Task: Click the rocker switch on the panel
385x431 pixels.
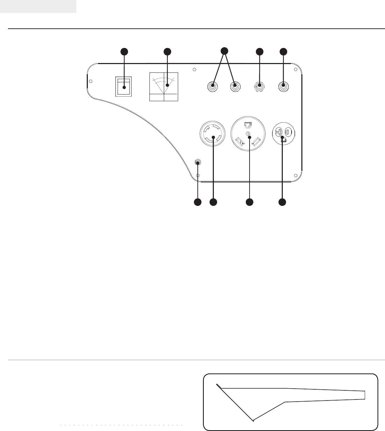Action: [x=124, y=86]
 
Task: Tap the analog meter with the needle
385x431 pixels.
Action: [x=163, y=87]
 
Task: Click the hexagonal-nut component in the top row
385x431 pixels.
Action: [x=259, y=86]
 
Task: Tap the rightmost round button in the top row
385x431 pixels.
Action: [x=283, y=86]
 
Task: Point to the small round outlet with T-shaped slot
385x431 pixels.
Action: [x=283, y=133]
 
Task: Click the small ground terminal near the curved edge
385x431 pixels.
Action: [x=198, y=163]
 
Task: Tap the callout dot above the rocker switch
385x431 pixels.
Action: [x=124, y=52]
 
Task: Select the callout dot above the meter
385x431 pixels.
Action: [x=168, y=52]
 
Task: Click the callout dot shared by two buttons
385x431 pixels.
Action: [x=225, y=50]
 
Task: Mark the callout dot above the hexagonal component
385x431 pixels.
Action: [x=259, y=52]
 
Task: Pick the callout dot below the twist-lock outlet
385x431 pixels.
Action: [x=213, y=202]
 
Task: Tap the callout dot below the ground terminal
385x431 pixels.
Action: [x=198, y=202]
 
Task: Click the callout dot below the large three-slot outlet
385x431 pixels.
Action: [x=249, y=202]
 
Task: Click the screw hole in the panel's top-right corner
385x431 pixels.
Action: [x=295, y=70]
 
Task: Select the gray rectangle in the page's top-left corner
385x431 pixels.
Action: [x=38, y=6]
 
